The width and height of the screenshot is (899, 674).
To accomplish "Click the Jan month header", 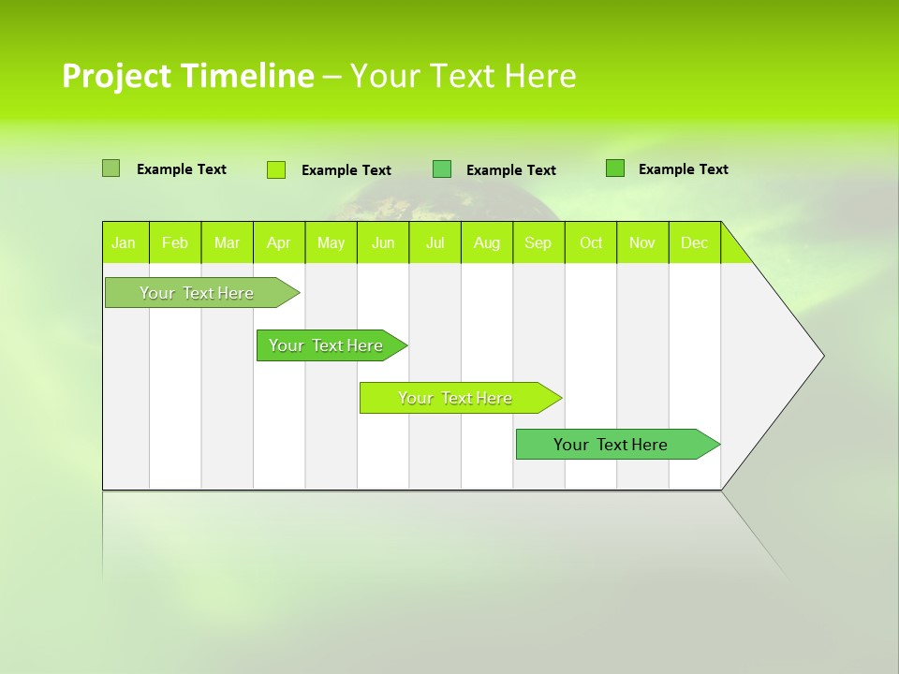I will pyautogui.click(x=124, y=242).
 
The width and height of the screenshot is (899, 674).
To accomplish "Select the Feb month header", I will pyautogui.click(x=175, y=242).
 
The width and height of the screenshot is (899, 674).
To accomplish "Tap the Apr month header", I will pyautogui.click(x=278, y=242).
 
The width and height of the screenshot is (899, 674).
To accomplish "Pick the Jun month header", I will pyautogui.click(x=383, y=242).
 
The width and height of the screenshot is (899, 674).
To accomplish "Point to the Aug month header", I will pyautogui.click(x=486, y=242).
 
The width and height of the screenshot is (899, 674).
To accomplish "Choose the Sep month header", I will pyautogui.click(x=538, y=242).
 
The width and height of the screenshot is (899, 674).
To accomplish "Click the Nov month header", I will pyautogui.click(x=641, y=242).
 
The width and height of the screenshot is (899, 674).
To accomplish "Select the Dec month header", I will pyautogui.click(x=694, y=242).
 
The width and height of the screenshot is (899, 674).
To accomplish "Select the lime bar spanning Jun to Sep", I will pyautogui.click(x=456, y=398).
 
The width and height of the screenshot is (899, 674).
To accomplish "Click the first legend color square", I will pyautogui.click(x=111, y=168).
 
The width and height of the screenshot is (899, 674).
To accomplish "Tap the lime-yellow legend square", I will pyautogui.click(x=275, y=169).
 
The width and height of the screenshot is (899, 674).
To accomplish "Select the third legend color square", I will pyautogui.click(x=442, y=169).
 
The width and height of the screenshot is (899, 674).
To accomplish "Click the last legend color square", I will pyautogui.click(x=614, y=168).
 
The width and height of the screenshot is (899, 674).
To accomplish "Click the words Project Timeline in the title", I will pyautogui.click(x=187, y=76).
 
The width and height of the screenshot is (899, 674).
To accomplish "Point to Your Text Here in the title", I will pyautogui.click(x=463, y=76).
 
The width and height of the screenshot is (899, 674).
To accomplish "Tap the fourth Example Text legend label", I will pyautogui.click(x=683, y=169).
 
